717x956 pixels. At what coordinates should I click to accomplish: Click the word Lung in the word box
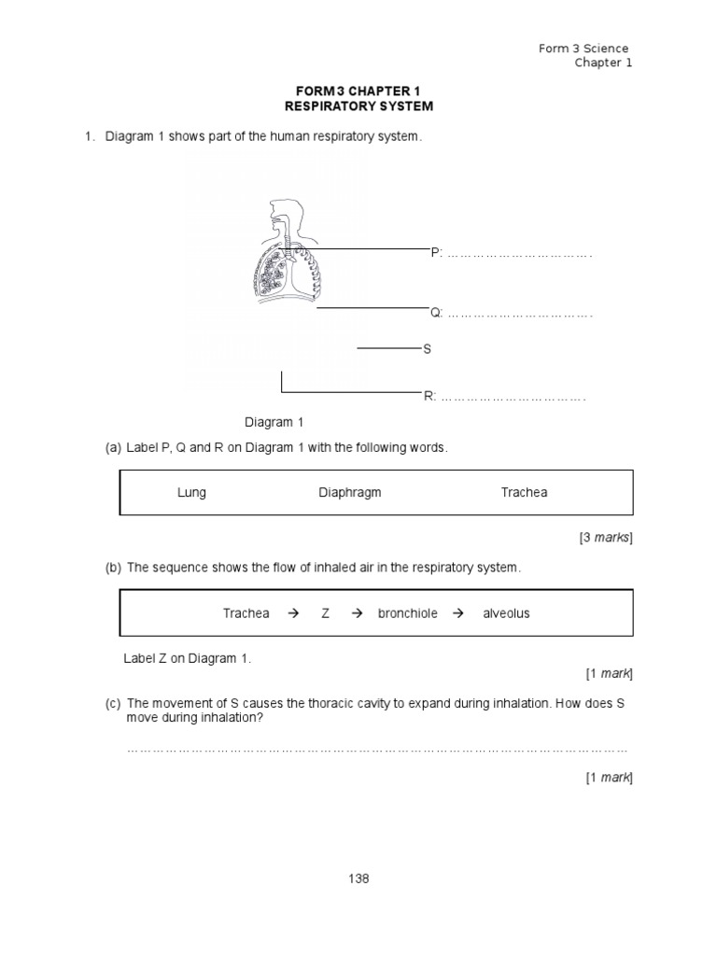tap(191, 492)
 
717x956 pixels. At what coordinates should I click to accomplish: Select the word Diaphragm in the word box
tap(349, 492)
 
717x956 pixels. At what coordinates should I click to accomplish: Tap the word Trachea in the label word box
tap(524, 492)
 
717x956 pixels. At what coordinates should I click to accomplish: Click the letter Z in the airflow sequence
tap(326, 613)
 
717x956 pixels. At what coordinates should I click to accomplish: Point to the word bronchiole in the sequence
tap(407, 613)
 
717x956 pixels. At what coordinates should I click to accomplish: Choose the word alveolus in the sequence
tap(506, 613)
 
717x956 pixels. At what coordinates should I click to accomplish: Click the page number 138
tap(358, 879)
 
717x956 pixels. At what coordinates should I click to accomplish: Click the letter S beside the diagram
tap(428, 349)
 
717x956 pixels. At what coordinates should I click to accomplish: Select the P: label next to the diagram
tap(436, 253)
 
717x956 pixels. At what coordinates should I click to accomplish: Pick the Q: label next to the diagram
tap(436, 313)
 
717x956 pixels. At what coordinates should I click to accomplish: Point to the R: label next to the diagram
tap(429, 397)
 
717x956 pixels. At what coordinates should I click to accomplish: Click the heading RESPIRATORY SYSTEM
tap(358, 106)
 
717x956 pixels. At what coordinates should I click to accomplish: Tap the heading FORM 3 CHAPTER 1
tap(358, 91)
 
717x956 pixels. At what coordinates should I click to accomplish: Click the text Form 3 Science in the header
tap(583, 49)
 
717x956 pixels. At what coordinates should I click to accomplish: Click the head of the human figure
tap(279, 213)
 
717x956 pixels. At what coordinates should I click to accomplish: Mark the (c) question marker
tap(113, 703)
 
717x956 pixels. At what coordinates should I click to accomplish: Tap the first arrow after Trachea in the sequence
tap(293, 613)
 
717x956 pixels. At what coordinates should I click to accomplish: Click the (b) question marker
tap(113, 568)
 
